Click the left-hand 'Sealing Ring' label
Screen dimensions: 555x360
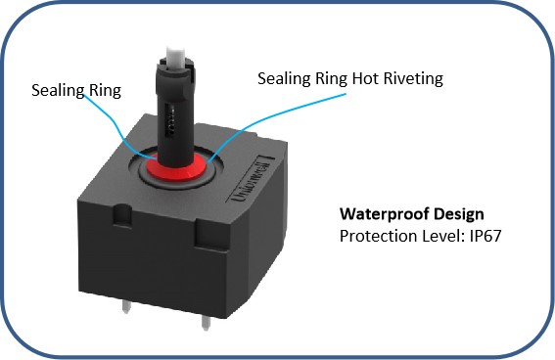(x=76, y=91)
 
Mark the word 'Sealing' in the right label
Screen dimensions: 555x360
(x=284, y=78)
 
